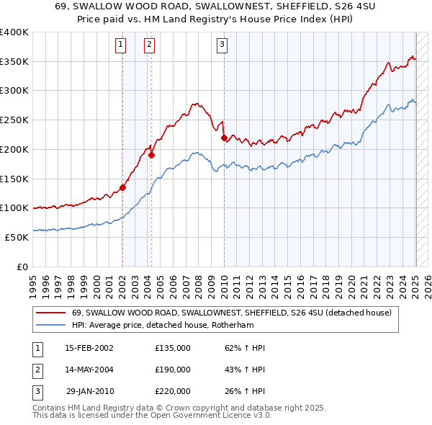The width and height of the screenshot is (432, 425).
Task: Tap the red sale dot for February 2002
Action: point(122,187)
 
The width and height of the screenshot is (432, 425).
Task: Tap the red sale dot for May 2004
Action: point(152,154)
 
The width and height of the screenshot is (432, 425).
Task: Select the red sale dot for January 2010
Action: point(224,137)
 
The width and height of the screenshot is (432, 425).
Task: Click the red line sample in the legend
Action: point(50,313)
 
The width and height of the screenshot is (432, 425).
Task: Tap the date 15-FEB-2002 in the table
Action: point(89,348)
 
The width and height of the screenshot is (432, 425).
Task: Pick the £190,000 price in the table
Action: point(173,370)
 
